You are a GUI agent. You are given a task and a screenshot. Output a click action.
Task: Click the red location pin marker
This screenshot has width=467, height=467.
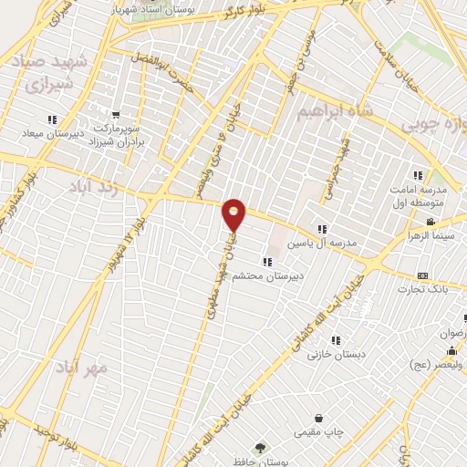click(234, 214)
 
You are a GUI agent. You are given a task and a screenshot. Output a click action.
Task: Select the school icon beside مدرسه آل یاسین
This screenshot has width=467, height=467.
click(321, 229)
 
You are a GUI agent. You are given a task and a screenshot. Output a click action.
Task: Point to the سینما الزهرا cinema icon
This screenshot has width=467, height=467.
click(431, 223)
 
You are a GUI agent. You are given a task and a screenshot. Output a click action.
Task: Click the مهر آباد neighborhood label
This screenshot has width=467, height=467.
click(81, 368)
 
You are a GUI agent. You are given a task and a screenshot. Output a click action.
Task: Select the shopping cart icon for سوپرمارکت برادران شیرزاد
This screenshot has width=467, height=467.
click(116, 116)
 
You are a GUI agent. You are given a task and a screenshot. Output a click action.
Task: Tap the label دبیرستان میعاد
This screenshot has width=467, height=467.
click(53, 135)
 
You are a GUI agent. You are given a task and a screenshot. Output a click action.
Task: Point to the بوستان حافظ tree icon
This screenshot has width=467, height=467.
click(261, 448)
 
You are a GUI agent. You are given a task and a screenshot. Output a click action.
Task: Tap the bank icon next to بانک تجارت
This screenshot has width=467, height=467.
click(422, 275)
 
